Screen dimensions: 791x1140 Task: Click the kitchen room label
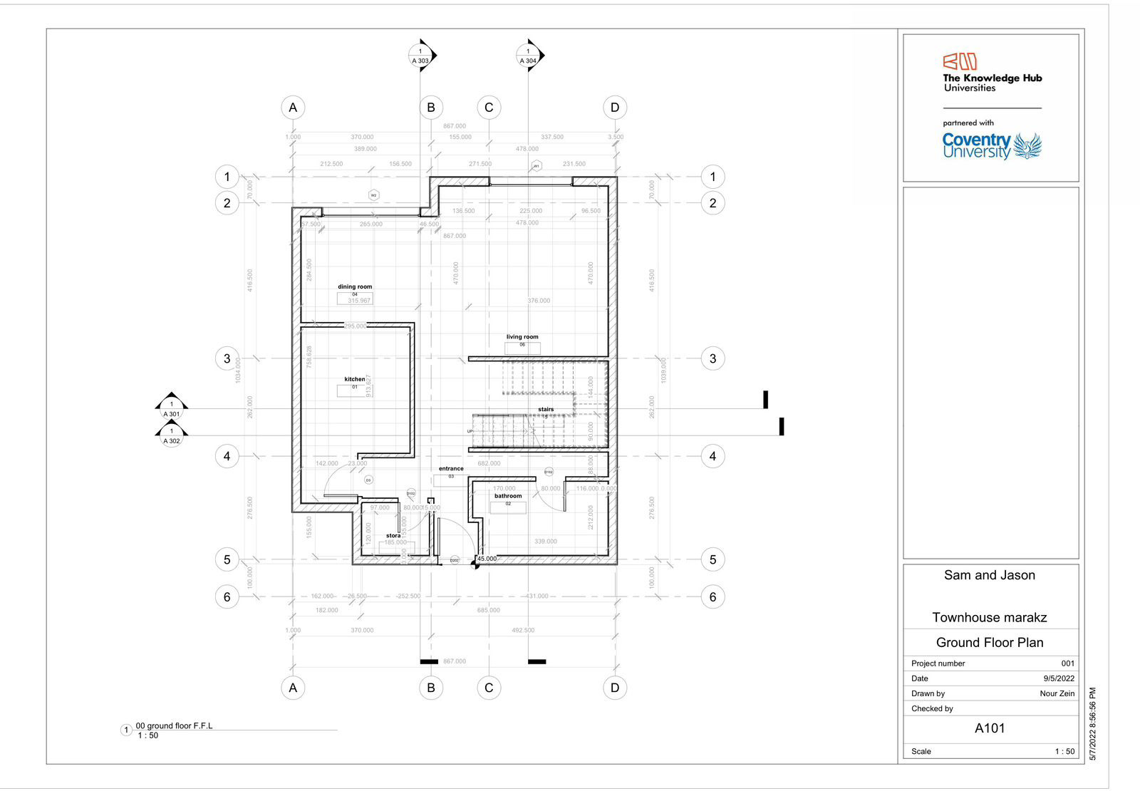coord(354,379)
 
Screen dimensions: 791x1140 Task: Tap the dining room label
coord(355,286)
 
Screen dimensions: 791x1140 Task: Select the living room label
coord(522,337)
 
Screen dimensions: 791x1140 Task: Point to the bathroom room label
coord(508,496)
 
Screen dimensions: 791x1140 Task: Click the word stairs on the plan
coord(546,410)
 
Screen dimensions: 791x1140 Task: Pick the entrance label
coord(451,469)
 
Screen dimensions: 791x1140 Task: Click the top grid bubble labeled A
coord(293,108)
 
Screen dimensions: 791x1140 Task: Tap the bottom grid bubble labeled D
coord(615,688)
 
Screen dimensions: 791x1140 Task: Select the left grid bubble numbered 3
coord(227,358)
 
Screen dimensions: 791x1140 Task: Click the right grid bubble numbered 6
coord(712,597)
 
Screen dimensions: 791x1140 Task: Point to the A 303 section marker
coord(421,56)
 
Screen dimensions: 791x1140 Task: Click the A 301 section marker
coord(172,408)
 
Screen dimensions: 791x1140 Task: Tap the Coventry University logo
coord(991,146)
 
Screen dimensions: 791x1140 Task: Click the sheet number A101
coord(990,728)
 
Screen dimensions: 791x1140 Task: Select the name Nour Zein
coord(1057,693)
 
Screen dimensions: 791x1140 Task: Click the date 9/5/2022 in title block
coord(1059,678)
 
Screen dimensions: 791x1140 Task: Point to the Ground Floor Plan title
coord(990,642)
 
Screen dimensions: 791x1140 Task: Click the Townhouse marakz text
coord(990,617)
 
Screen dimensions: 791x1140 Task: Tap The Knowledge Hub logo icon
coord(960,61)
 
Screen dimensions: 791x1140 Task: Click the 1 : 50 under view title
coord(148,735)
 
